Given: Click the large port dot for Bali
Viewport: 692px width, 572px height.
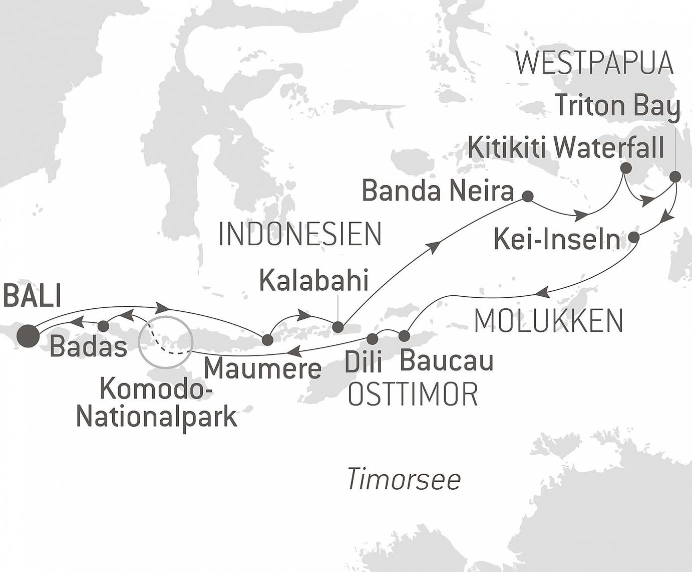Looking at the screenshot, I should (x=28, y=336).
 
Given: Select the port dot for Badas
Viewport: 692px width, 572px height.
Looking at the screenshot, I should (x=103, y=326).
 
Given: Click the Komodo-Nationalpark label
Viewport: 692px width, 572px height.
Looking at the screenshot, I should (x=156, y=403).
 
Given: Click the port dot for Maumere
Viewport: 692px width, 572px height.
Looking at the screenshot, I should (x=268, y=340).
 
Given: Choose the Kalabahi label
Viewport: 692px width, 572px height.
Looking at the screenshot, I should (x=313, y=281).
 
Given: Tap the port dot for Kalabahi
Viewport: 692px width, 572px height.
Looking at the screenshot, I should (x=338, y=327).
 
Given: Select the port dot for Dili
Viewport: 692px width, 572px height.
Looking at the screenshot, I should (x=372, y=339).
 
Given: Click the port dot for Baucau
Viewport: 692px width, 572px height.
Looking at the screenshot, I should (x=404, y=335).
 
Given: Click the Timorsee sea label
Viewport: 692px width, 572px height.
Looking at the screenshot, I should (x=403, y=479).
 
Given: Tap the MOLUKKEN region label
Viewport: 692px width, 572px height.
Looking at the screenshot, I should (x=548, y=321).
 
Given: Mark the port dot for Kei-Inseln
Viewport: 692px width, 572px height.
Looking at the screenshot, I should (x=633, y=238).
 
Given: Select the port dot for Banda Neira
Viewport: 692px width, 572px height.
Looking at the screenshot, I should (x=527, y=196).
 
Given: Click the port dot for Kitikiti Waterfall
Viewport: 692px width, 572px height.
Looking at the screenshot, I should (x=625, y=168).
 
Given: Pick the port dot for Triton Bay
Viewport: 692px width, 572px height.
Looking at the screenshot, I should (x=675, y=176).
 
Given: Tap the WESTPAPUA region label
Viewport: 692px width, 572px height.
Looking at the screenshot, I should (x=594, y=63).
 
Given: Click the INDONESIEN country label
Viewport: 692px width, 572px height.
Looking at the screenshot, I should (x=300, y=234).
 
